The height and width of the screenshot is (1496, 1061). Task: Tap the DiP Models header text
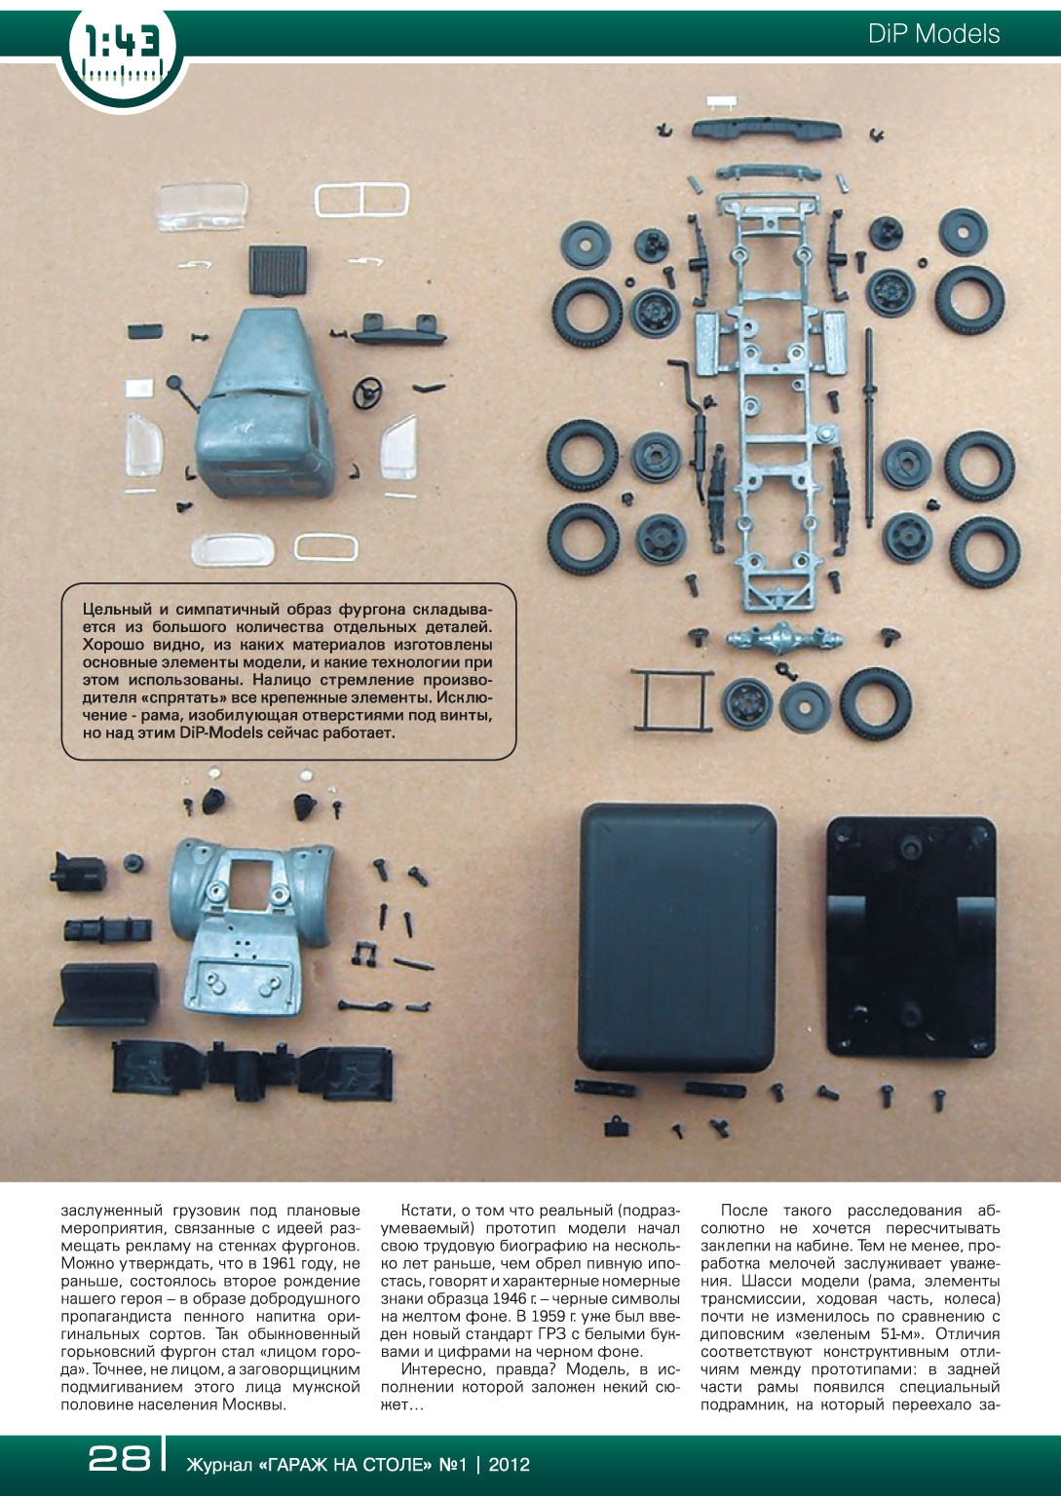[x=933, y=33]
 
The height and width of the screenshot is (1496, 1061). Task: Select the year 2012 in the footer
[x=510, y=1465]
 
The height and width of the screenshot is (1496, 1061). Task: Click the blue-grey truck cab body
[x=265, y=404]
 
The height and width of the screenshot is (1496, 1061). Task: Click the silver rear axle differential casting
[x=785, y=641]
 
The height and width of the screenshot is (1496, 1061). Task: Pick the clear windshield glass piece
[x=203, y=206]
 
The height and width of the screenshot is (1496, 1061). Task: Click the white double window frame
[x=361, y=201]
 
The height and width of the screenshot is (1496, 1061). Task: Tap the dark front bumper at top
[x=767, y=129]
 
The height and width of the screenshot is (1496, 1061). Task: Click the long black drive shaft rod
[x=868, y=428]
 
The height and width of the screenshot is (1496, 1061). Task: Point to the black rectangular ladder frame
[x=672, y=700]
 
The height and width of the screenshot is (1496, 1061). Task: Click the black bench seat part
[x=106, y=994]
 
